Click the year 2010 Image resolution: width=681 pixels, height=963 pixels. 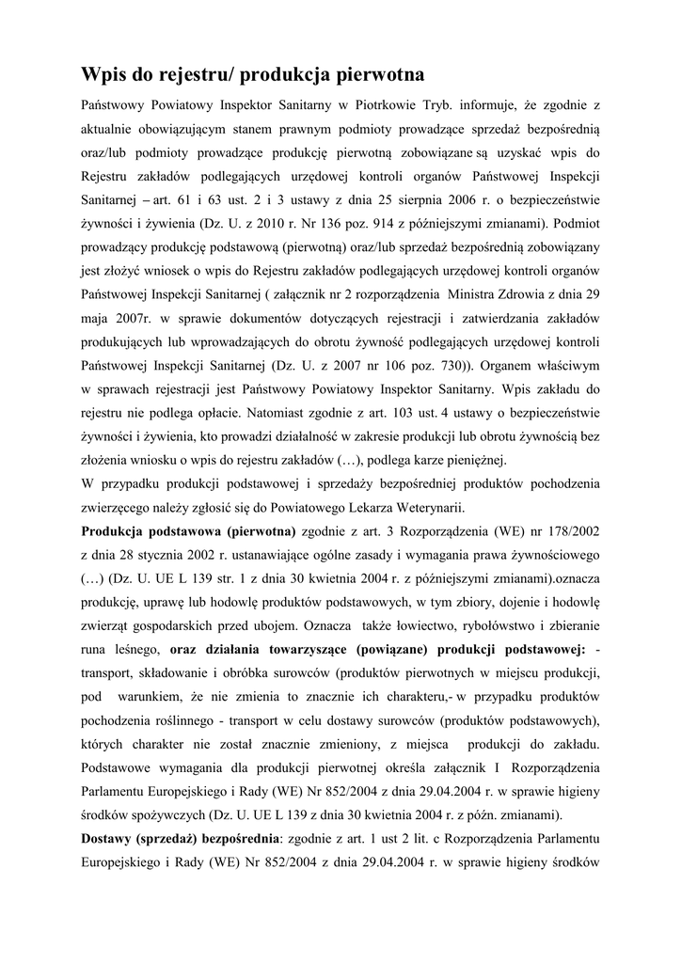coord(262,225)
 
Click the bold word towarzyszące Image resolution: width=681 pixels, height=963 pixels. coord(309,648)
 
